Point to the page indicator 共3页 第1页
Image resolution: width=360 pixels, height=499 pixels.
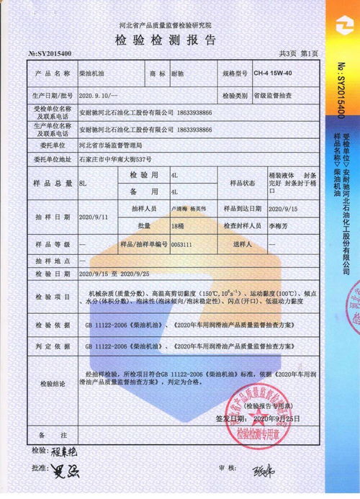[300, 54]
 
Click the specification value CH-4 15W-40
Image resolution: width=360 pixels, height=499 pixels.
[274, 73]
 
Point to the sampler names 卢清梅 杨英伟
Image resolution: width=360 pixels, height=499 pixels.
[189, 208]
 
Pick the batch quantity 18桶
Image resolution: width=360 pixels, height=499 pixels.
[178, 225]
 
